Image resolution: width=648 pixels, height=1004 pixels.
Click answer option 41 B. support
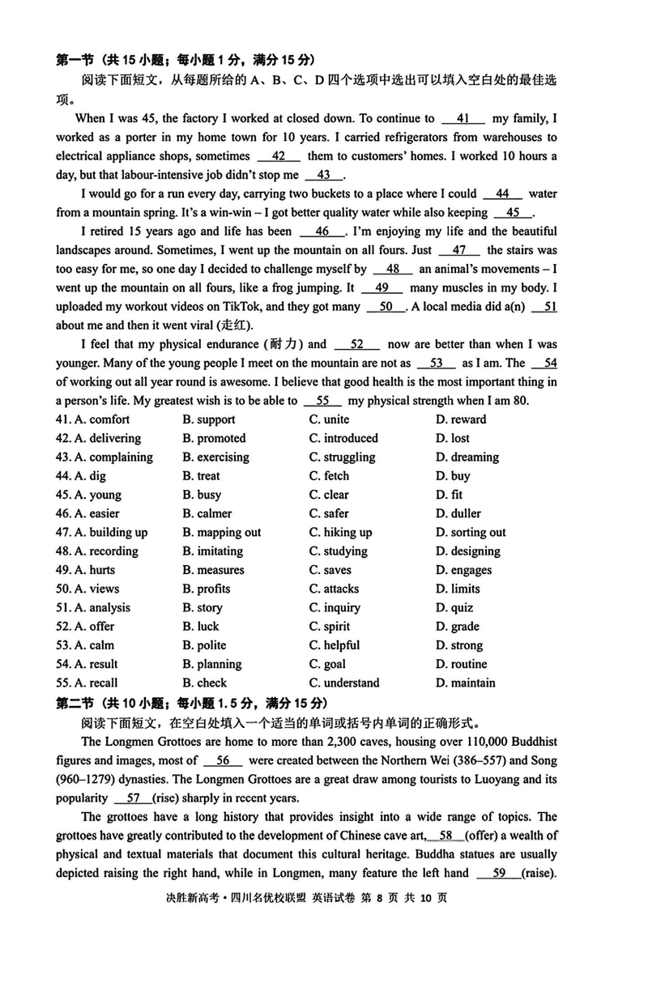209,419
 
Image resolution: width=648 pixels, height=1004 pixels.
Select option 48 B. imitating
212,551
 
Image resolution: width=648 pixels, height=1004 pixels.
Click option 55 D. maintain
465,683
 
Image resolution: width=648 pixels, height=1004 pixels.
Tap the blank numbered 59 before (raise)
499,873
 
